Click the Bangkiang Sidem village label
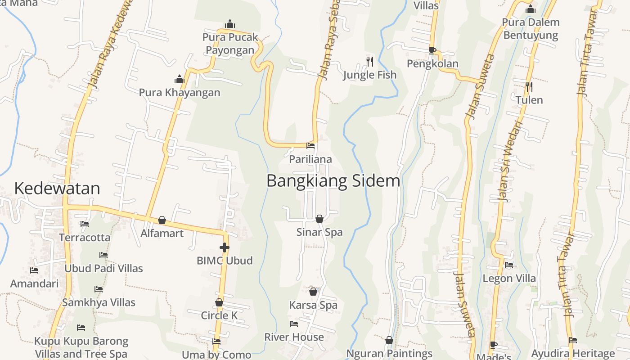(333, 181)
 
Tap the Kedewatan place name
(57, 188)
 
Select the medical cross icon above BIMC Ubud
(224, 247)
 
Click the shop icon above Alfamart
(162, 220)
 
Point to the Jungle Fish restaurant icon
(370, 62)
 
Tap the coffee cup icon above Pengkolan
(432, 50)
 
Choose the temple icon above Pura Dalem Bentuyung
(531, 9)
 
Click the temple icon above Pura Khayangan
(180, 80)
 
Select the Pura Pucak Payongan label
(230, 43)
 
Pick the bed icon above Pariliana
(310, 145)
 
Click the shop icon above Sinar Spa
(319, 219)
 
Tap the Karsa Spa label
(313, 305)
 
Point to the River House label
(294, 337)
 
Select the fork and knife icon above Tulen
(529, 86)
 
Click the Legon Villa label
(509, 279)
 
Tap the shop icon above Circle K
(219, 302)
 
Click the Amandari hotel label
(34, 283)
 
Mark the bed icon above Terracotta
(84, 224)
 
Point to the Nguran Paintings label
(389, 354)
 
